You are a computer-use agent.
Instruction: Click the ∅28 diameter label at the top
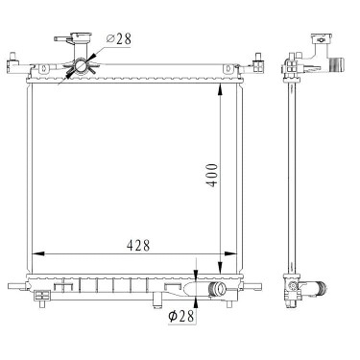pos(118,39)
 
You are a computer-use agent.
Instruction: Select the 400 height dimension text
pos(212,175)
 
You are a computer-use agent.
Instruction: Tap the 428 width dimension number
pos(138,246)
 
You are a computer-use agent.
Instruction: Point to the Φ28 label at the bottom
pos(181,317)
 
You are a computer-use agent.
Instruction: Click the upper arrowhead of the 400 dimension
pos(220,89)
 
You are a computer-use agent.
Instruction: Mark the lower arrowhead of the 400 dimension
pos(220,268)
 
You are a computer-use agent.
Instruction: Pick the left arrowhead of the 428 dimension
pos(38,253)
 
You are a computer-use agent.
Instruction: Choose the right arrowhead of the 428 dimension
pos(230,253)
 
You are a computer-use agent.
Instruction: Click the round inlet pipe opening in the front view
pos(80,66)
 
